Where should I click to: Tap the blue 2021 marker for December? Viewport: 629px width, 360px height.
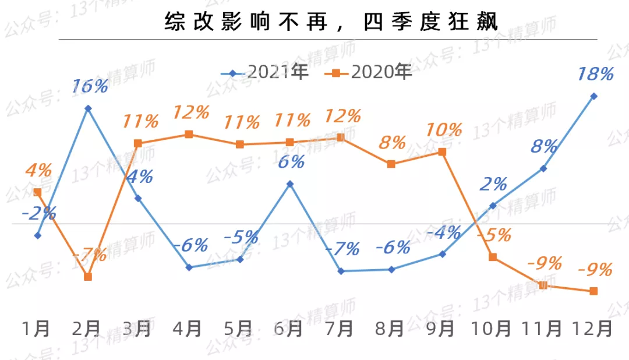pyautogui.click(x=594, y=96)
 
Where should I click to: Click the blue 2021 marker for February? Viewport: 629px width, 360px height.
pyautogui.click(x=88, y=108)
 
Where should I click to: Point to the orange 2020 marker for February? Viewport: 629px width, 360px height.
pyautogui.click(x=88, y=277)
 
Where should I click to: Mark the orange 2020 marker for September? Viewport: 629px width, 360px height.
pyautogui.click(x=442, y=152)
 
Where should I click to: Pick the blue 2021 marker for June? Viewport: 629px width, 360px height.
pyautogui.click(x=290, y=184)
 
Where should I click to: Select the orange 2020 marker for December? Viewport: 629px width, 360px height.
pyautogui.click(x=594, y=291)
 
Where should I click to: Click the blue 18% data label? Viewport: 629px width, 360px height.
pyautogui.click(x=595, y=75)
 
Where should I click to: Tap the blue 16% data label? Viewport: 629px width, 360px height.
pyautogui.click(x=90, y=87)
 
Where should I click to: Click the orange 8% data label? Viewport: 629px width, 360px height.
pyautogui.click(x=392, y=142)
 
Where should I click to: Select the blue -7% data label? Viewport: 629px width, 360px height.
pyautogui.click(x=342, y=249)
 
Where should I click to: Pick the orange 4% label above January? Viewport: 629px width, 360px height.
pyautogui.click(x=38, y=171)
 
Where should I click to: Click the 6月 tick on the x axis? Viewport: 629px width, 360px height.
pyautogui.click(x=289, y=329)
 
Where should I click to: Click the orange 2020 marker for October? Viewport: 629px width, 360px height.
pyautogui.click(x=493, y=257)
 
